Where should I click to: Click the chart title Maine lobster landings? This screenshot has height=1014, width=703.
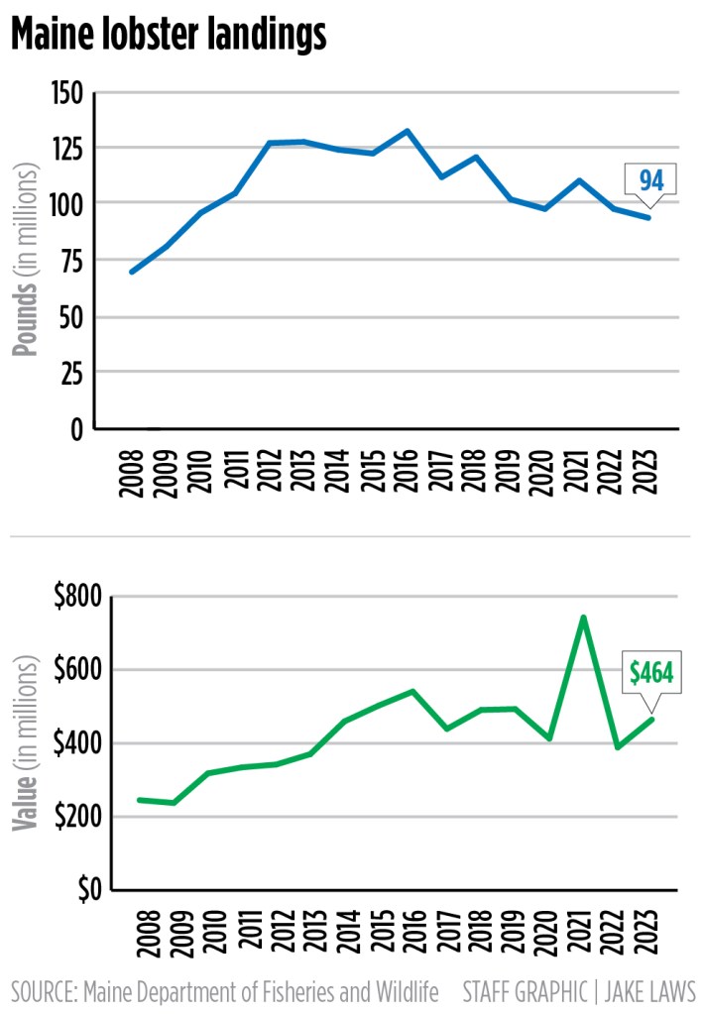pos(169,36)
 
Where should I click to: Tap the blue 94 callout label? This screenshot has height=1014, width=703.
pos(650,180)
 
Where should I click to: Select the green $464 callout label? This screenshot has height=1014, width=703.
pos(651,674)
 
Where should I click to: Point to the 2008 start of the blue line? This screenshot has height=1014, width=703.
pos(132,272)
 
